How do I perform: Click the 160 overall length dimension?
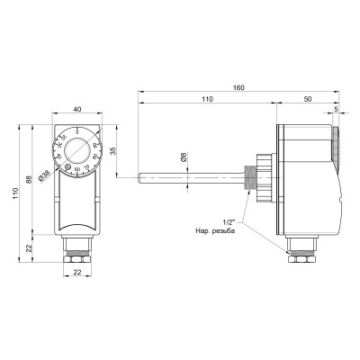coord(238,88)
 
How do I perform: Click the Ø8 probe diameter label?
coord(184,157)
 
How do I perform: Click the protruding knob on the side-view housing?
coord(337,141)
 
